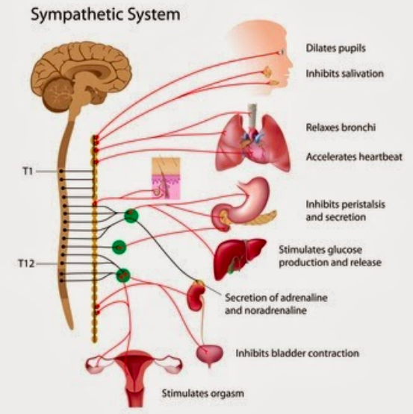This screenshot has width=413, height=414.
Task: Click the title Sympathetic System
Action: [x=105, y=15]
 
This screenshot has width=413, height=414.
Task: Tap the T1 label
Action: [x=28, y=172]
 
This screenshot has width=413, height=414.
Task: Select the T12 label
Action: [x=26, y=263]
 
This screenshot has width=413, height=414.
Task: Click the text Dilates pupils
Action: [x=335, y=48]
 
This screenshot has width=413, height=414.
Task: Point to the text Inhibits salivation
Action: [x=344, y=73]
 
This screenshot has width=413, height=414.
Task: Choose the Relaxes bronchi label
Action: [x=341, y=128]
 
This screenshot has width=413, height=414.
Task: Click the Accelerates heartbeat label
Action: [x=354, y=157]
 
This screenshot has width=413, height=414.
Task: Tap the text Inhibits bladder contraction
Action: [x=297, y=354]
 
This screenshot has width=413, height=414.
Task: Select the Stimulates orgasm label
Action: [x=203, y=393]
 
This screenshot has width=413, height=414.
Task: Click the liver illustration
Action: [x=239, y=258]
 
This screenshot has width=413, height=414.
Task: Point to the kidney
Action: [x=196, y=295]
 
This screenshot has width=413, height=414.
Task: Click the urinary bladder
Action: [x=209, y=354]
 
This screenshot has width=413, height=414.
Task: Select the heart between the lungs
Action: [x=253, y=146]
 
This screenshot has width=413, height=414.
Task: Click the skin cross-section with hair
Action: [x=166, y=178]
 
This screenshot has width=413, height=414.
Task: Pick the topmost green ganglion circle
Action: [x=131, y=216]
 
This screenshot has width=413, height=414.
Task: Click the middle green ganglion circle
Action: [x=119, y=248]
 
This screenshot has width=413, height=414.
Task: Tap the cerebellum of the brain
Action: [x=58, y=94]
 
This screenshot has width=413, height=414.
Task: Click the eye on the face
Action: [x=281, y=52]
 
